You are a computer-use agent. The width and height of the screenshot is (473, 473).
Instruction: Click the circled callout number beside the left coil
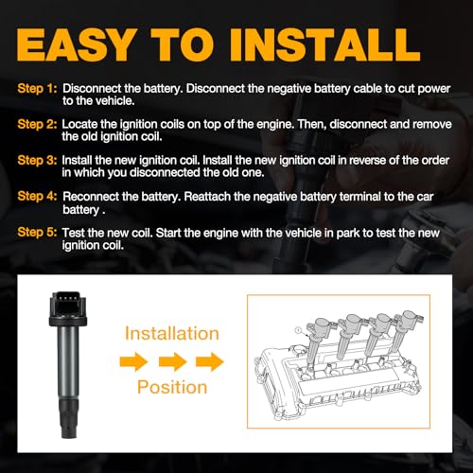coord(296,328)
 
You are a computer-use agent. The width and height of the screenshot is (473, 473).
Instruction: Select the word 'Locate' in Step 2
coord(80,125)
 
